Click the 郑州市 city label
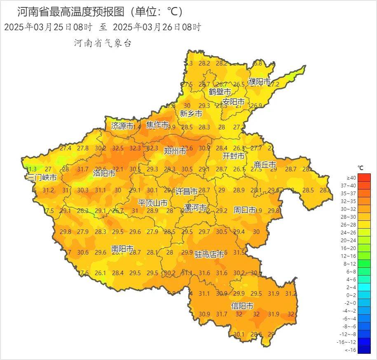click(x=175, y=151)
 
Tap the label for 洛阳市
click(x=104, y=173)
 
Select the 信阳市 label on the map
click(x=242, y=306)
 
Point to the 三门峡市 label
click(x=42, y=178)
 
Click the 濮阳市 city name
click(x=260, y=82)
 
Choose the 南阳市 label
click(x=122, y=249)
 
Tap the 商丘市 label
click(x=265, y=165)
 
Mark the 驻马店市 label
click(x=209, y=255)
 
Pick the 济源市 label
click(x=122, y=126)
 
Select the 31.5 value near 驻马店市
click(x=239, y=252)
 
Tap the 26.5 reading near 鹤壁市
click(x=239, y=84)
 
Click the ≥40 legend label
click(x=351, y=178)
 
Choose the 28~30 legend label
click(x=351, y=216)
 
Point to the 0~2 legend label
click(x=351, y=295)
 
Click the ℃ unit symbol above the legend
click(x=360, y=168)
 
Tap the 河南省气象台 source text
click(x=103, y=43)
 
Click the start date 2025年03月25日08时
click(x=48, y=27)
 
